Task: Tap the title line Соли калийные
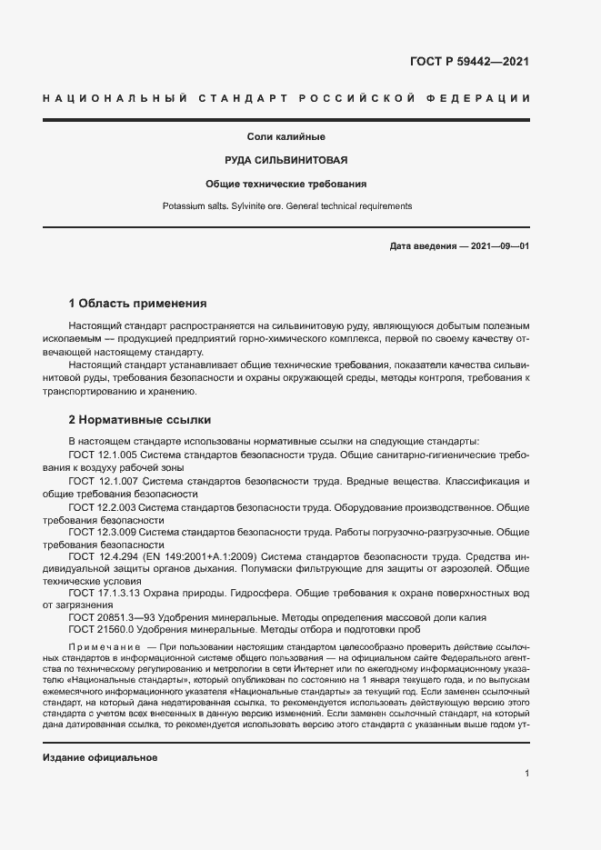286,137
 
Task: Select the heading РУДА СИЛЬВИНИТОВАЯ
286,160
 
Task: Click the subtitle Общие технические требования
286,184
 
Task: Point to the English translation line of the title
286,206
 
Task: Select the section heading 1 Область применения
138,303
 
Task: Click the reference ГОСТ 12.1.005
102,455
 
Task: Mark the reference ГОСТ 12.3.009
102,530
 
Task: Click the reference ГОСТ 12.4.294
103,555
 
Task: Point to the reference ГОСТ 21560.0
102,629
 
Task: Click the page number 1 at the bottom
526,773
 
